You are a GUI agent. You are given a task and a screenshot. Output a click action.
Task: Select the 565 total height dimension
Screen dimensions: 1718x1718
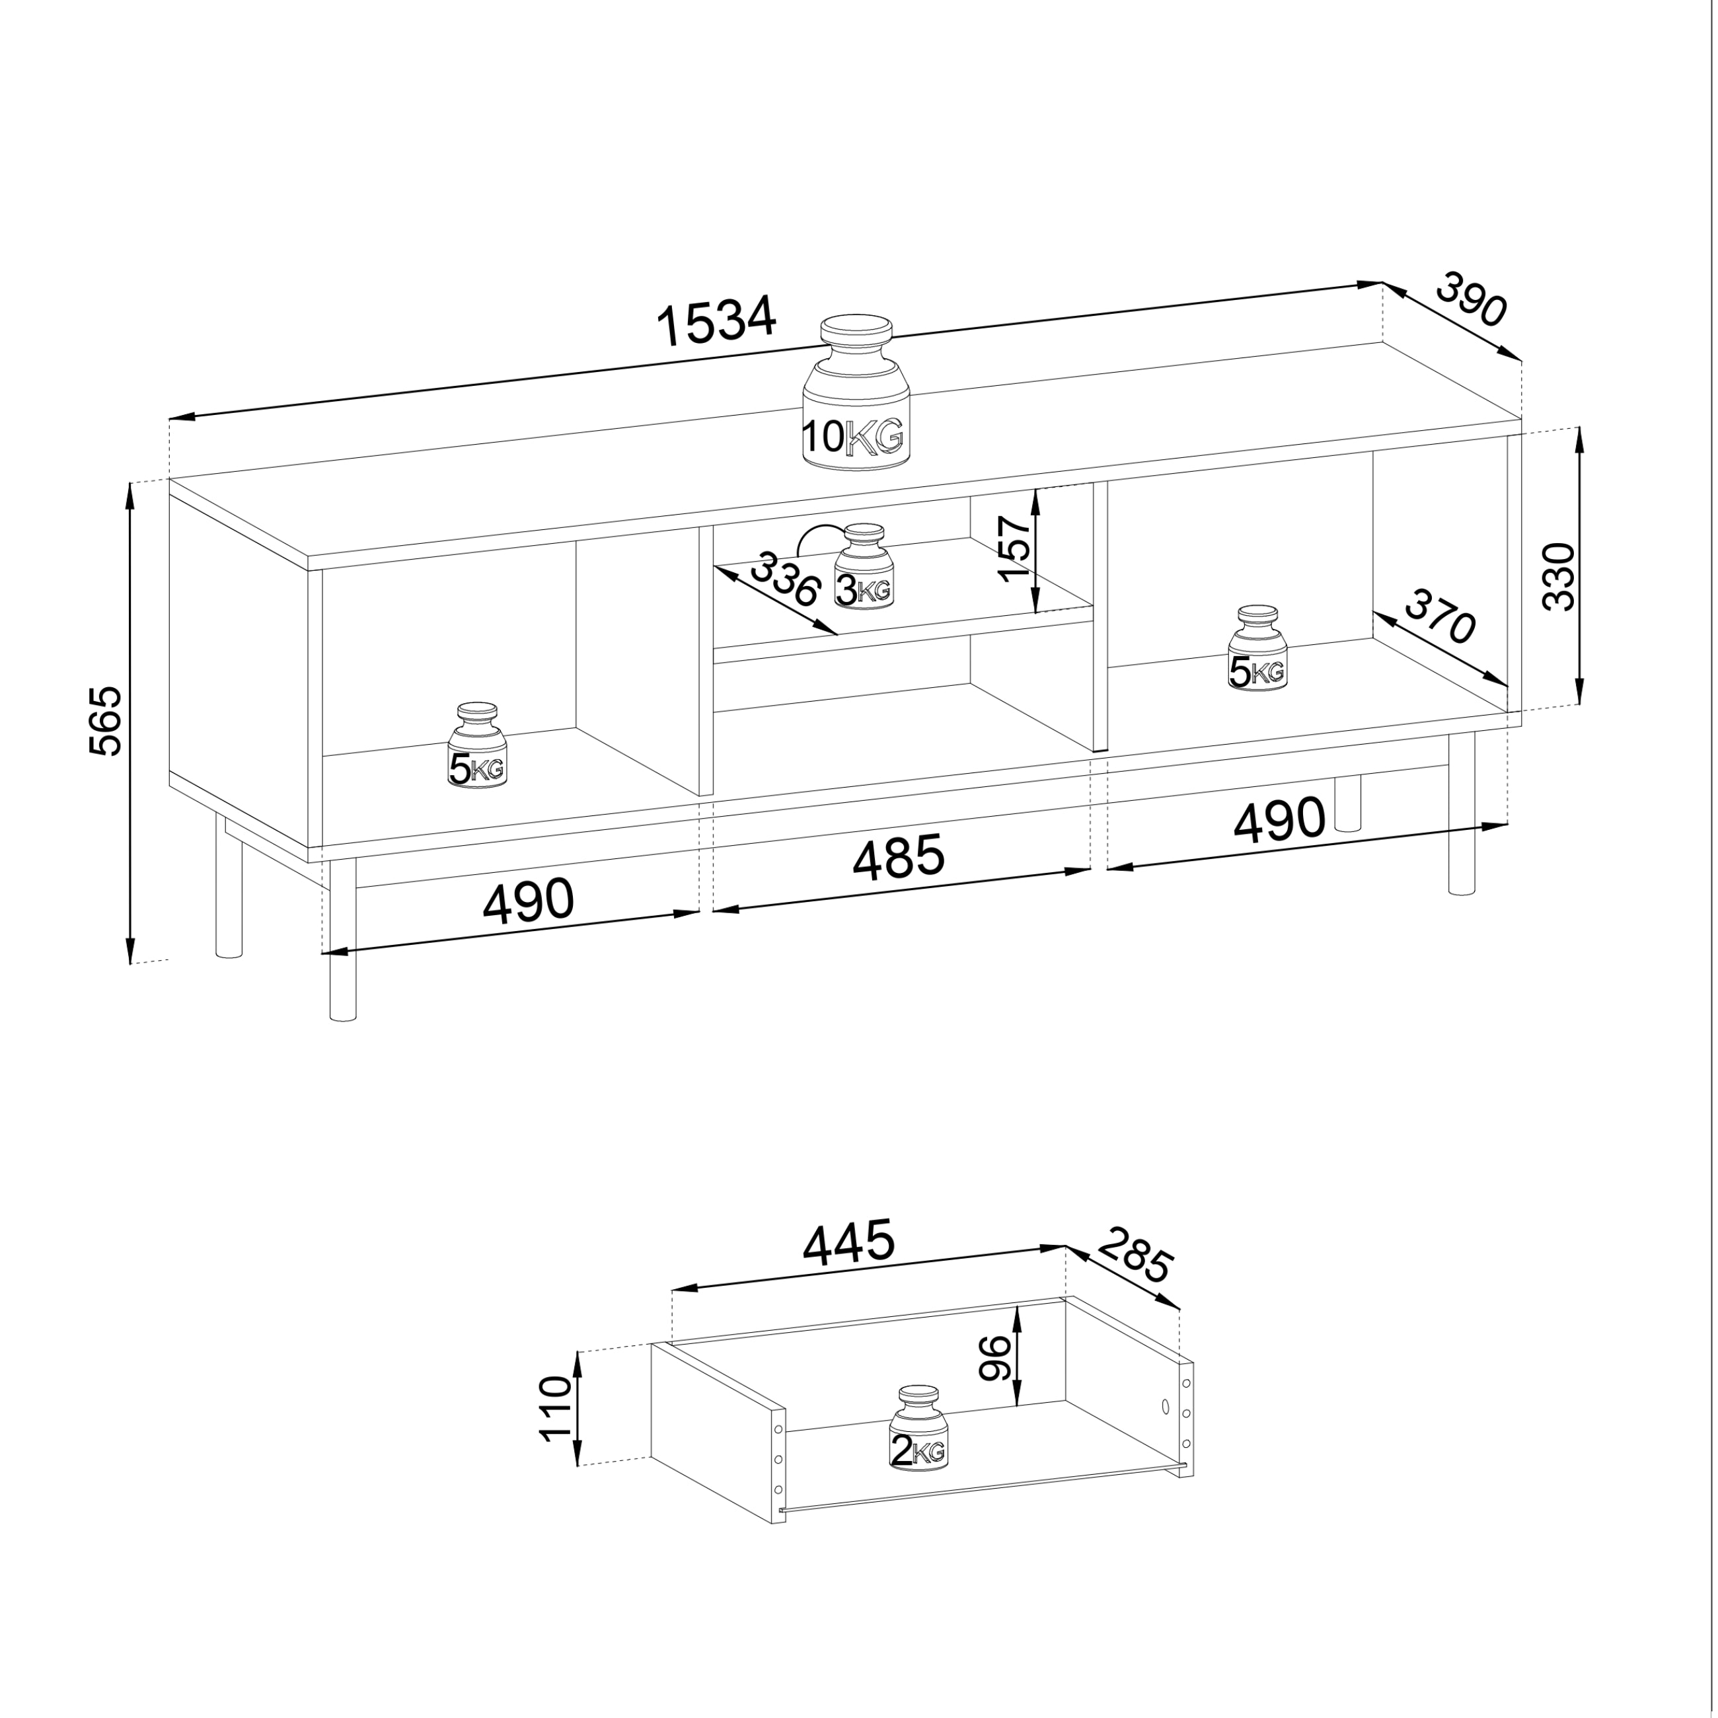(x=106, y=721)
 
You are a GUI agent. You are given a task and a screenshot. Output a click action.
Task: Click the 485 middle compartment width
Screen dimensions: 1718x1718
(x=898, y=856)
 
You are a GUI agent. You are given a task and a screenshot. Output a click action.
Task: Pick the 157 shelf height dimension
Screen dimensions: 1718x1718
(x=1015, y=548)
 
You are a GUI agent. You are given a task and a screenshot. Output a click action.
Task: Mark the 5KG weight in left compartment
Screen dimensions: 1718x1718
(x=476, y=745)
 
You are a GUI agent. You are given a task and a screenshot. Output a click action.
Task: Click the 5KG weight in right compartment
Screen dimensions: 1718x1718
(x=1257, y=648)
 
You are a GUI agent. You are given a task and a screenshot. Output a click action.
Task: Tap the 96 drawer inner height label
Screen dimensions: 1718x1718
(x=995, y=1358)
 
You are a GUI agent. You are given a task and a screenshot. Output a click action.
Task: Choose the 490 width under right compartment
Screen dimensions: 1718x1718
(x=1279, y=819)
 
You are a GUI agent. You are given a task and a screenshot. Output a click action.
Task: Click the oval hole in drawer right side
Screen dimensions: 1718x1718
(x=1165, y=1407)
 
